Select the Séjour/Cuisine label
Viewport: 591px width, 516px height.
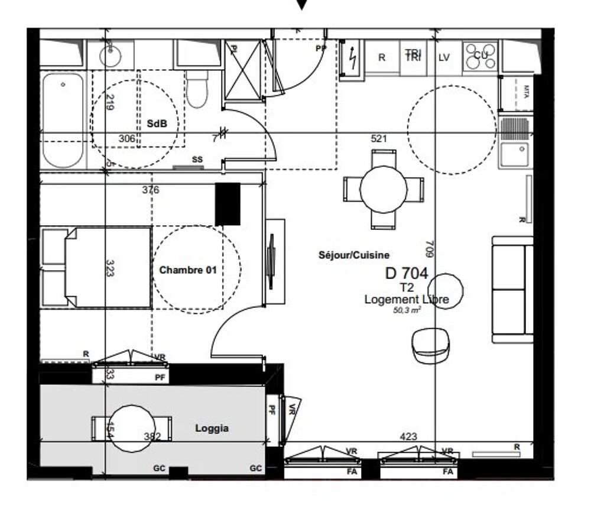click(x=354, y=255)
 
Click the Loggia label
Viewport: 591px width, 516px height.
click(x=212, y=429)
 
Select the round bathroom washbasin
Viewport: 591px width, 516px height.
click(x=111, y=56)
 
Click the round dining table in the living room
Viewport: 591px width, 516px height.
click(x=384, y=189)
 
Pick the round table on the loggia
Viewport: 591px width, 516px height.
click(x=132, y=429)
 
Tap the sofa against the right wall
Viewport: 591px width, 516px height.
click(x=512, y=290)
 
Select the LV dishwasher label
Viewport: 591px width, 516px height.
click(x=444, y=57)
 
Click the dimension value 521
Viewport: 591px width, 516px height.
click(x=379, y=139)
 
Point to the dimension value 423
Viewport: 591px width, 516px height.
click(x=408, y=437)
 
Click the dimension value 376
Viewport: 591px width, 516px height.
click(x=151, y=190)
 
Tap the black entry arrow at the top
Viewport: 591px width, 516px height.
click(x=302, y=5)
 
